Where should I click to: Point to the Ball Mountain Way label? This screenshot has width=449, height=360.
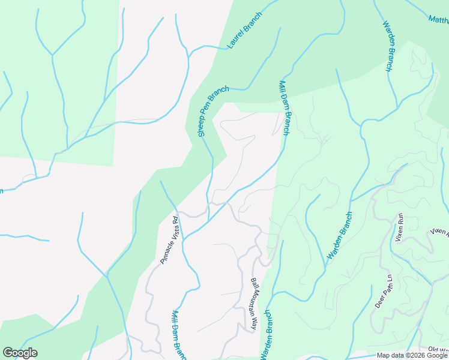255,304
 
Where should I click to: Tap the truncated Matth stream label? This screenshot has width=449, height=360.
439,19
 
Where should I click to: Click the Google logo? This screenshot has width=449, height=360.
20,353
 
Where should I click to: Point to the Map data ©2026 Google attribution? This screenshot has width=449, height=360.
412,355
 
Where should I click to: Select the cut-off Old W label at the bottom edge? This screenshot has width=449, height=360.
438,349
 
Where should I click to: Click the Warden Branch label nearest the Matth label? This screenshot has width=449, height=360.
388,46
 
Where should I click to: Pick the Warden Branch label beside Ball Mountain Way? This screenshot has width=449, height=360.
266,335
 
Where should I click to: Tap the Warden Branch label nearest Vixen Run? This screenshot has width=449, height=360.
340,236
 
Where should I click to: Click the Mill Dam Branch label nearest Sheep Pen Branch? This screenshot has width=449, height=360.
284,107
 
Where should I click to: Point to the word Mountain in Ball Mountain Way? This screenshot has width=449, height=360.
255,305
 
